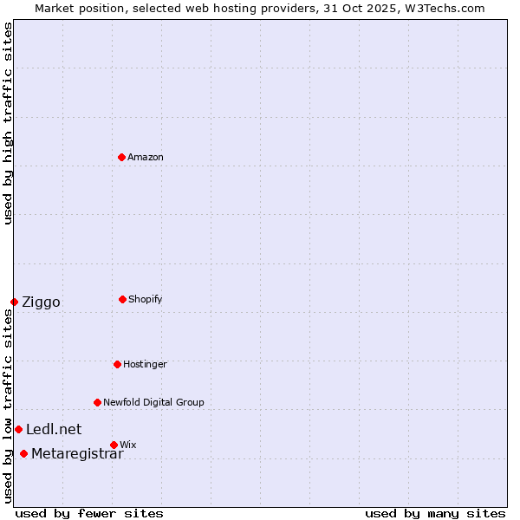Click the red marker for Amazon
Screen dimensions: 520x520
[122, 157]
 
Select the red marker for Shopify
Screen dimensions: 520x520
[123, 299]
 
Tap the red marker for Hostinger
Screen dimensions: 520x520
[117, 364]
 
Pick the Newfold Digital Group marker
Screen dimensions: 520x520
[97, 402]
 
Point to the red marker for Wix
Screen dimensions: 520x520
[114, 445]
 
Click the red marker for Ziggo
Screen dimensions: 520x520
[14, 302]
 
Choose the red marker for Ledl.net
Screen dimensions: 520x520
[18, 429]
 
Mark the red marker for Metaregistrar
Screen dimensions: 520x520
[23, 453]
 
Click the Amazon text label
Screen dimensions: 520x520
[146, 157]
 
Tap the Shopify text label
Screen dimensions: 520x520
[146, 299]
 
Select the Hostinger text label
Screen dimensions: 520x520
[145, 364]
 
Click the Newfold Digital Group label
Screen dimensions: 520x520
[153, 402]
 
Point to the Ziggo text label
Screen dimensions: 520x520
[41, 302]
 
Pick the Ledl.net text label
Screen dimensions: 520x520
[54, 429]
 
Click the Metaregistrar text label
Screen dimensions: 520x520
[77, 453]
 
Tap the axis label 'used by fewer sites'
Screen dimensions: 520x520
[89, 513]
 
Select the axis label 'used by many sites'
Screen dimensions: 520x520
[435, 513]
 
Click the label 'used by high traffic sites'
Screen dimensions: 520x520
[8, 123]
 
